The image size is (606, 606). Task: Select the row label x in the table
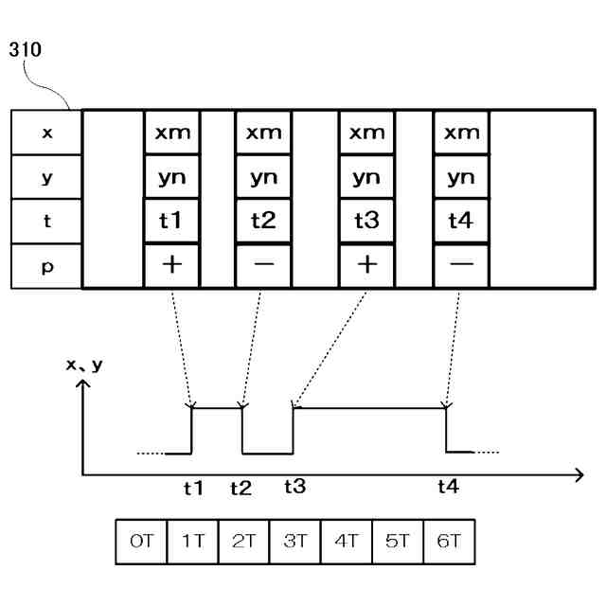pyautogui.click(x=47, y=134)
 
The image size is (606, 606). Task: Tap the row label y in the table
pyautogui.click(x=47, y=178)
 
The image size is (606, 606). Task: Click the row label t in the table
pyautogui.click(x=47, y=222)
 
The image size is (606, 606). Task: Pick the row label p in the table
pyautogui.click(x=47, y=266)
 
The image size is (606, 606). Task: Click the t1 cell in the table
pyautogui.click(x=172, y=222)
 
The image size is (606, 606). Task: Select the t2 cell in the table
pyautogui.click(x=262, y=222)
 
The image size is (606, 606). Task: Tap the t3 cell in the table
pyautogui.click(x=366, y=222)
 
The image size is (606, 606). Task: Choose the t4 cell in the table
pyautogui.click(x=461, y=222)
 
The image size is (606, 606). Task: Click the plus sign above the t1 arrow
pyautogui.click(x=172, y=265)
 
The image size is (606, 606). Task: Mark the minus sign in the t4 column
pyautogui.click(x=461, y=265)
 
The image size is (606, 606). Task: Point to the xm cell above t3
pyautogui.click(x=366, y=134)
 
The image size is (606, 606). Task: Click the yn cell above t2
pyautogui.click(x=262, y=178)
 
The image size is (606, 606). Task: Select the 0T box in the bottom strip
pyautogui.click(x=139, y=544)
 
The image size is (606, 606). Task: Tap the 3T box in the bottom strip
pyautogui.click(x=294, y=544)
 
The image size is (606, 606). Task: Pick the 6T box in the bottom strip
pyautogui.click(x=449, y=544)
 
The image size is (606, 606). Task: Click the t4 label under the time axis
pyautogui.click(x=448, y=488)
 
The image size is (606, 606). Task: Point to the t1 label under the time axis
pyautogui.click(x=193, y=489)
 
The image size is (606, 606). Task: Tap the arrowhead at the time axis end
pyautogui.click(x=579, y=473)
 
